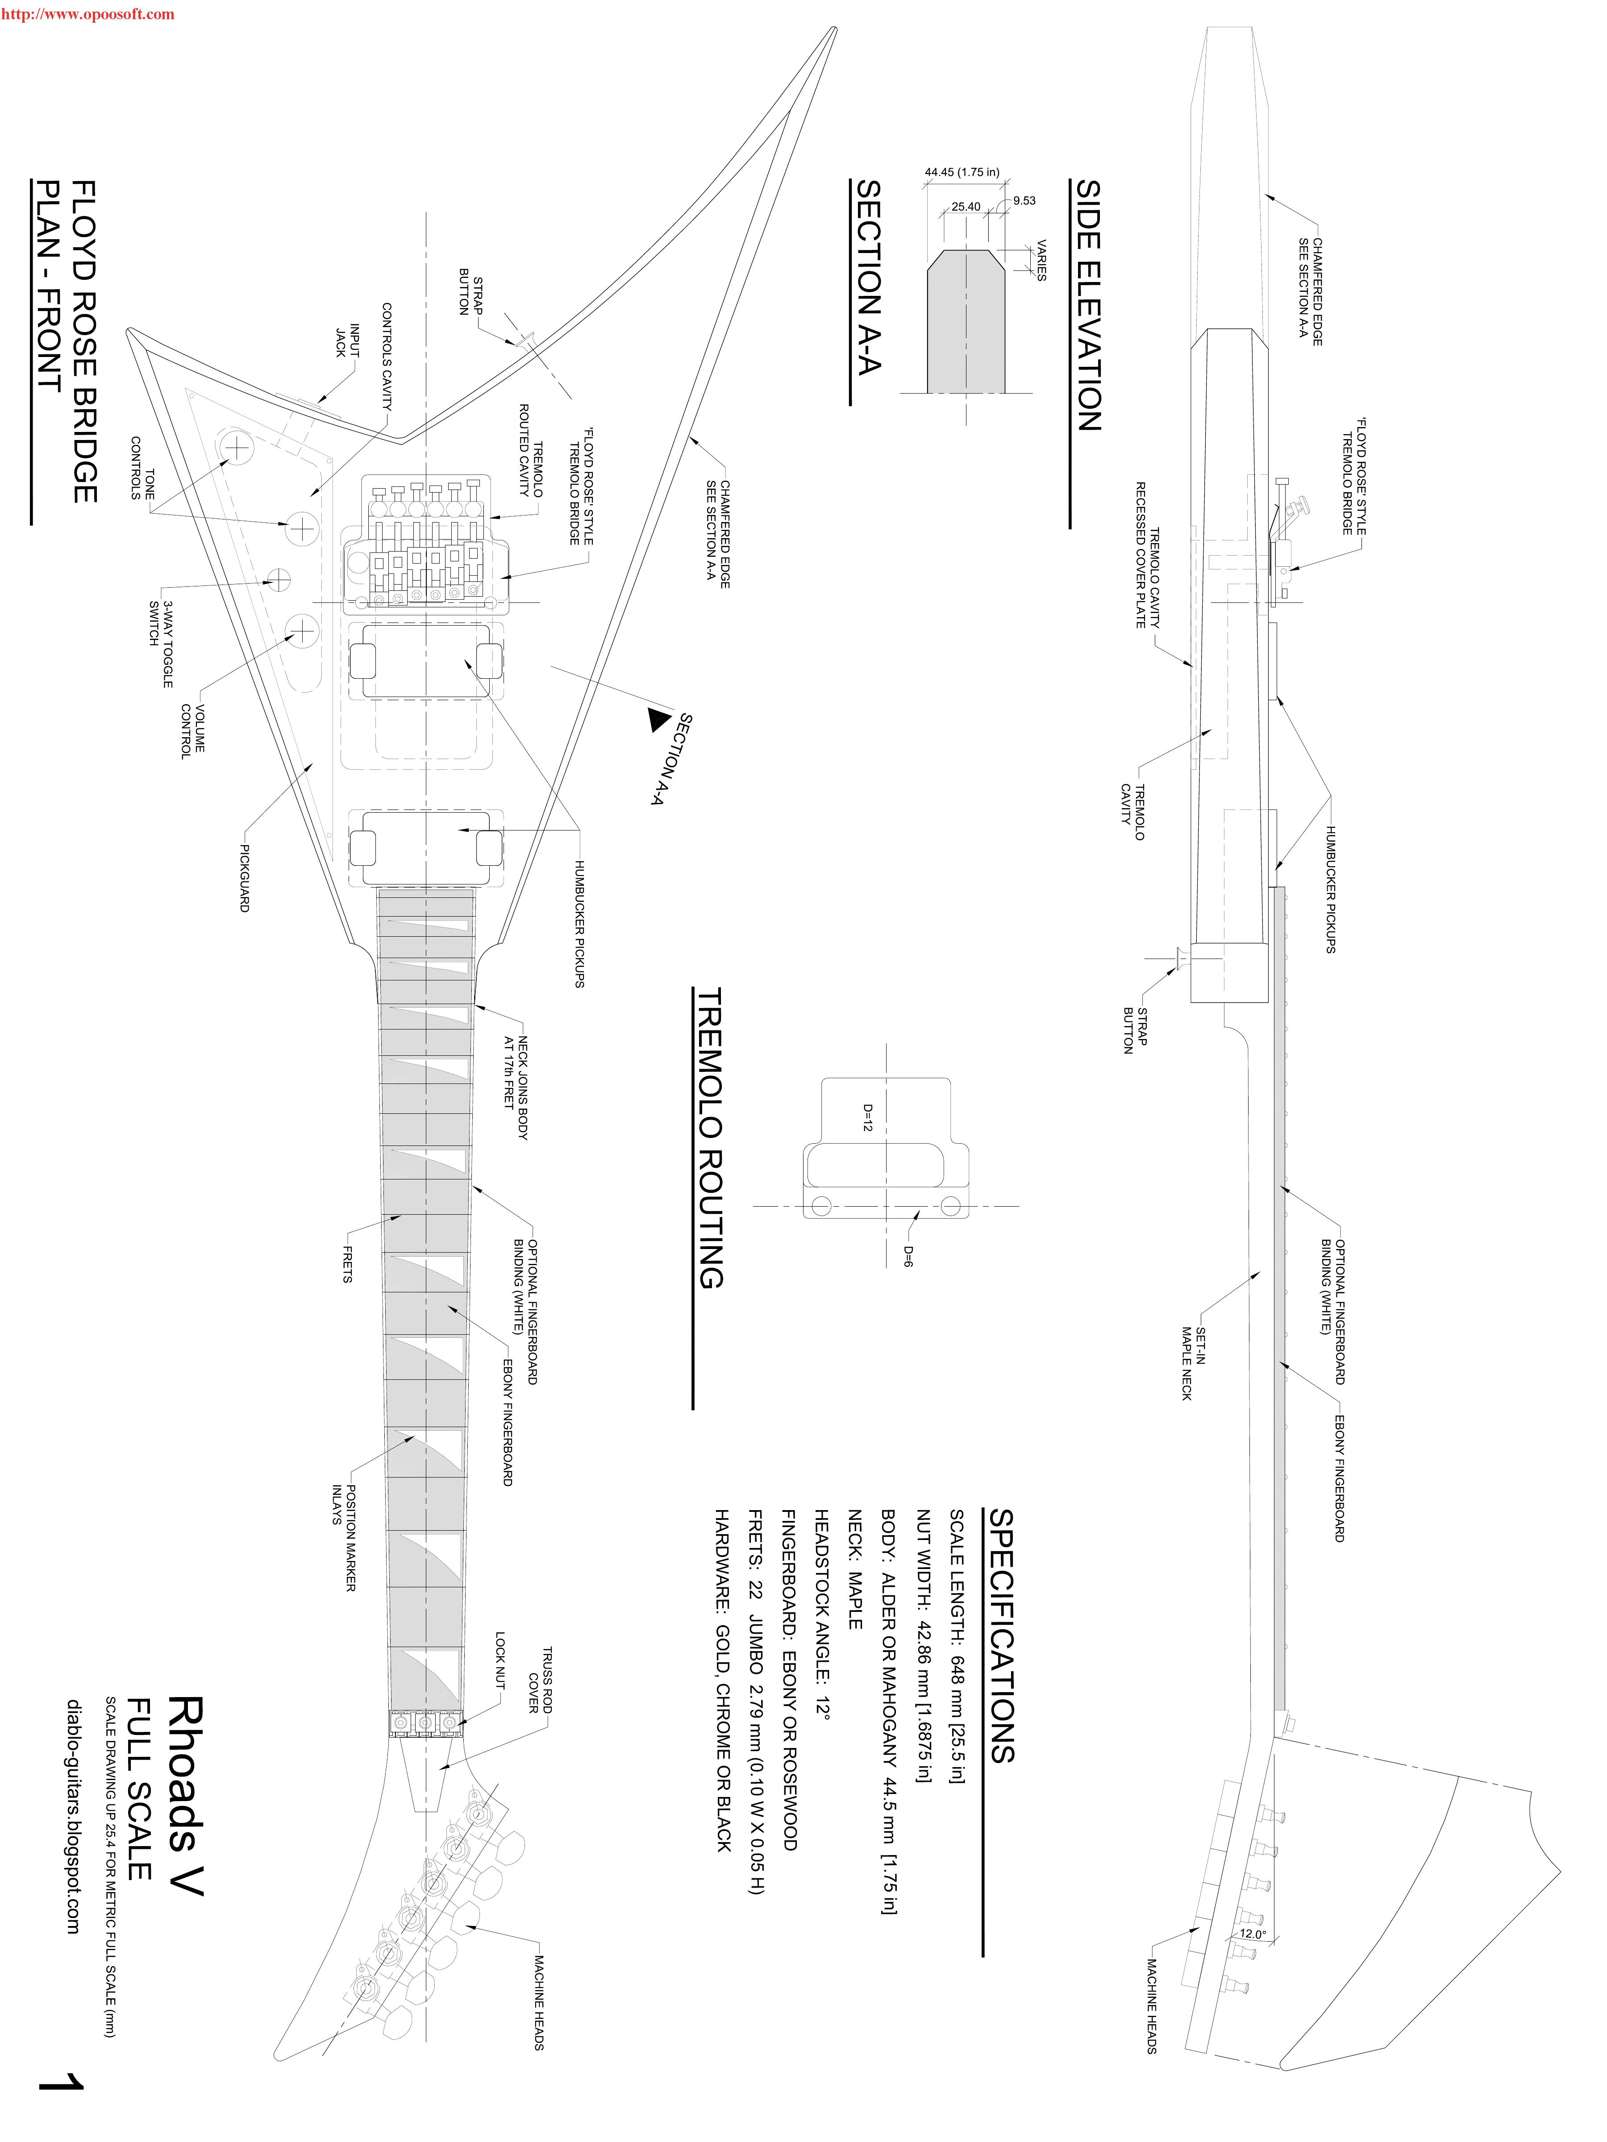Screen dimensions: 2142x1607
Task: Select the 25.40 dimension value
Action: [966, 206]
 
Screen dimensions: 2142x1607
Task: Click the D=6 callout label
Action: [908, 1256]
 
